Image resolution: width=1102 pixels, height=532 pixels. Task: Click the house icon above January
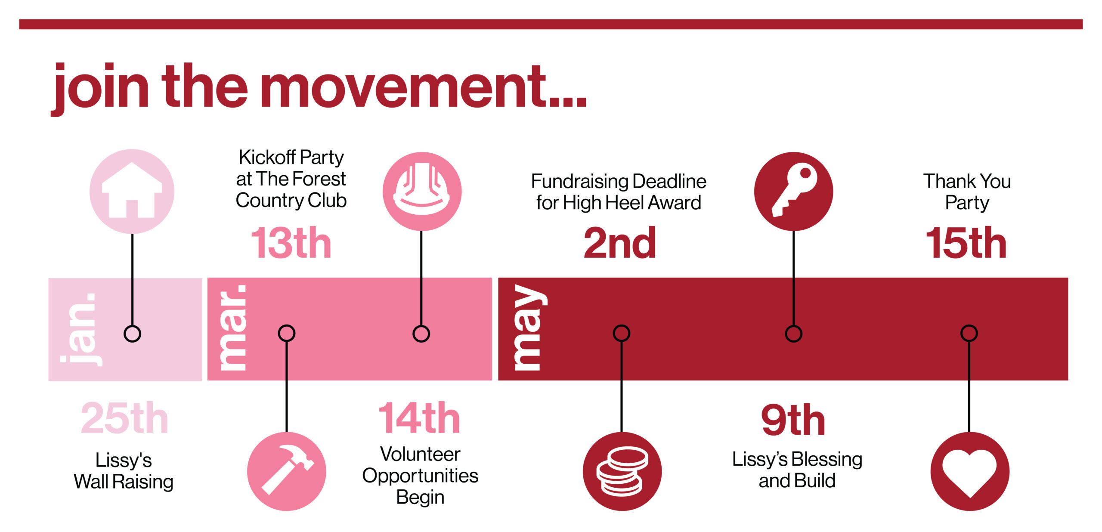pyautogui.click(x=132, y=192)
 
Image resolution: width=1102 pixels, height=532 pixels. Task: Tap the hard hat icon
pyautogui.click(x=422, y=192)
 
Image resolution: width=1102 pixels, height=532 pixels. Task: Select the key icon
pyautogui.click(x=793, y=192)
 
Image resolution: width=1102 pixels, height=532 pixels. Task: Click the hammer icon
pyautogui.click(x=287, y=471)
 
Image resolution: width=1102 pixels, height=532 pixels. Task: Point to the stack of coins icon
pyautogui.click(x=622, y=471)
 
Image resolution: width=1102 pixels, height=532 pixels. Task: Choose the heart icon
pyautogui.click(x=969, y=471)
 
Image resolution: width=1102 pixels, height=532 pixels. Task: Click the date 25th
pyautogui.click(x=124, y=418)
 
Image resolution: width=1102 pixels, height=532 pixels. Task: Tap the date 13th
pyautogui.click(x=291, y=243)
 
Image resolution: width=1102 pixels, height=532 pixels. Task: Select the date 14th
pyautogui.click(x=419, y=418)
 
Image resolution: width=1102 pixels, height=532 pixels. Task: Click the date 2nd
pyautogui.click(x=620, y=243)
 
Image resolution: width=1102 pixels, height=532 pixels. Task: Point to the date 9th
pyautogui.click(x=793, y=420)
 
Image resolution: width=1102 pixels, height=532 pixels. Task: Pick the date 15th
pyautogui.click(x=966, y=243)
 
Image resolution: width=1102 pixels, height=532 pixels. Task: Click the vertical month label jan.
pyautogui.click(x=81, y=329)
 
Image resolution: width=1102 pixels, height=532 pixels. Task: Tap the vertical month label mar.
pyautogui.click(x=232, y=328)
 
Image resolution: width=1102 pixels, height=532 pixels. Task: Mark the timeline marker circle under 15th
pyautogui.click(x=969, y=333)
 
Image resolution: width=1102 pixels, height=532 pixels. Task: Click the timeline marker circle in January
pyautogui.click(x=132, y=334)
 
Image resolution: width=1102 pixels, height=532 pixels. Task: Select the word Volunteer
pyautogui.click(x=420, y=454)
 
